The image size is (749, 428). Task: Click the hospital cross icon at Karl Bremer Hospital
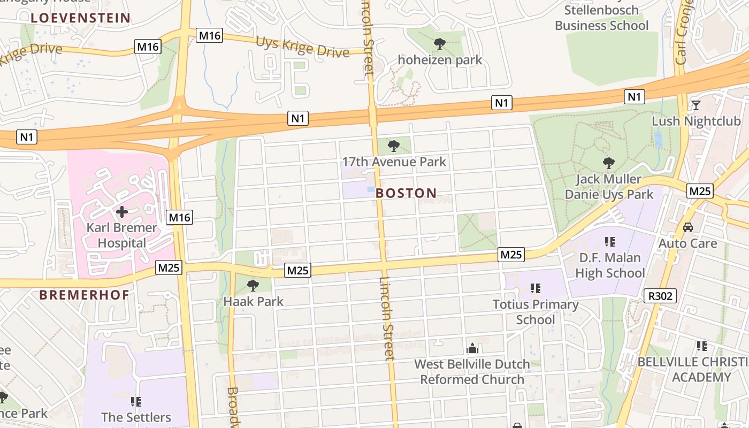pos(122,212)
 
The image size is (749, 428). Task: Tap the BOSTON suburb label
pos(406,193)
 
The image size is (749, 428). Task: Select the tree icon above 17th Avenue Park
pos(394,146)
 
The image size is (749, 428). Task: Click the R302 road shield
pos(660,295)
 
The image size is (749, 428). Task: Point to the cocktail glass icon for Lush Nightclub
pos(695,105)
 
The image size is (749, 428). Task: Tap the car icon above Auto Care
pos(688,227)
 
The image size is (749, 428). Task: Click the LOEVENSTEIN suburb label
pos(80,18)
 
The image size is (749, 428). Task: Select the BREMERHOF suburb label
pos(85,294)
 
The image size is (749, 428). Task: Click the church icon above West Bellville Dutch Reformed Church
pos(472,349)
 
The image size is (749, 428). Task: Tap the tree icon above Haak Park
pos(253,286)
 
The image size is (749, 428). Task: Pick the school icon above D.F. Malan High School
pos(609,242)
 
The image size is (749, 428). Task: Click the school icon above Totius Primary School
pos(536,289)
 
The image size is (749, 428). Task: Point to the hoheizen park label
pos(440,59)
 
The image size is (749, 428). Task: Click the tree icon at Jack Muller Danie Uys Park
pos(608,163)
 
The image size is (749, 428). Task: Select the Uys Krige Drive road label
pos(302,47)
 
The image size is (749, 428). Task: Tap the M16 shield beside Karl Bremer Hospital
pos(179,217)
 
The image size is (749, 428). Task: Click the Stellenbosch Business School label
pos(601,18)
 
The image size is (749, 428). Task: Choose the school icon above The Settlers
pos(136,401)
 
